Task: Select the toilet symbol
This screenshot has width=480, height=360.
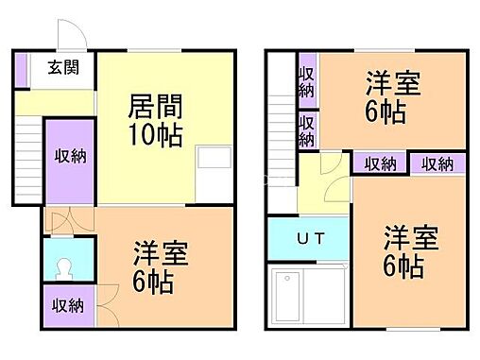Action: click(69, 266)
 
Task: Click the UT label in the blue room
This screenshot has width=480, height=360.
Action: click(312, 240)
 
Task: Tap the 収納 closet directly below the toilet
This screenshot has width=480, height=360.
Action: click(68, 305)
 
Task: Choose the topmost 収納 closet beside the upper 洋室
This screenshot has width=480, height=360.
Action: click(307, 82)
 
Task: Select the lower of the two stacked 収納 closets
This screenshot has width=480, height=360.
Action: click(307, 129)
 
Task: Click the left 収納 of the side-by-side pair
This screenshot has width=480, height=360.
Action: click(380, 163)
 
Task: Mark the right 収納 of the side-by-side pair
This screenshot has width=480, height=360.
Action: click(437, 163)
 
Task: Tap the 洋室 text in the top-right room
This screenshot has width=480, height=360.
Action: click(387, 84)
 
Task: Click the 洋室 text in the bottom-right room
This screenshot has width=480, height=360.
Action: click(412, 236)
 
